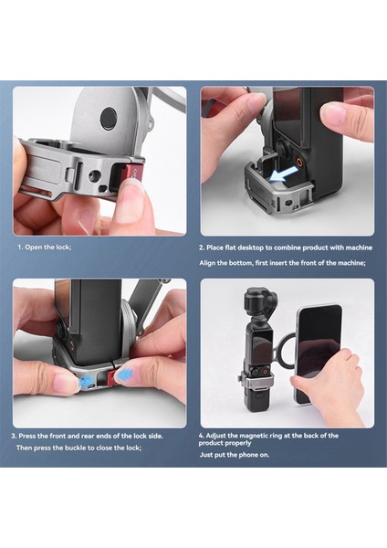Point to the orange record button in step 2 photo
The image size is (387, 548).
point(299,161)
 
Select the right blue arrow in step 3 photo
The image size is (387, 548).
point(122,375)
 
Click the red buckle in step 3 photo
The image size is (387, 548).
point(110,378)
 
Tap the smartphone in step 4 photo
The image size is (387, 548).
point(318,353)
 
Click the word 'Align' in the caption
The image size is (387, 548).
point(207,263)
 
